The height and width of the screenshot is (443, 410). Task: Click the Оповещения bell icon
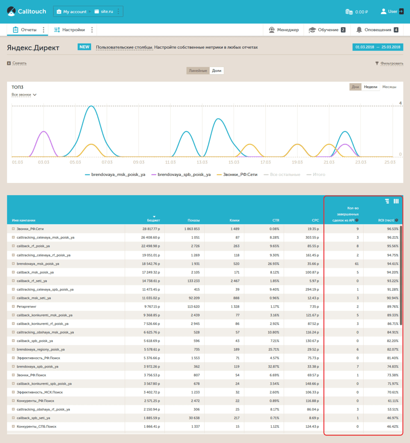(359, 30)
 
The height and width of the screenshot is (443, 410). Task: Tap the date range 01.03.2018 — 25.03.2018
(378, 47)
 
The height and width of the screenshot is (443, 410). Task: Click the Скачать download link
(19, 63)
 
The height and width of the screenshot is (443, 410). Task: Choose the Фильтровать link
(392, 63)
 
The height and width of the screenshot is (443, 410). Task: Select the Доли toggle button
(216, 71)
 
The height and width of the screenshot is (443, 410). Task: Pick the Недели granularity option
(371, 87)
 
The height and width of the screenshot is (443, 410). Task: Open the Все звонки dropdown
(24, 95)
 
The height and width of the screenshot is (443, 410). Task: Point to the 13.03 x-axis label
(202, 162)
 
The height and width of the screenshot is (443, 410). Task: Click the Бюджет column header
(153, 220)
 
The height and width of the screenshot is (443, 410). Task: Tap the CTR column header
(276, 220)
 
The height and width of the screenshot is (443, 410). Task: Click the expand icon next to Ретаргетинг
(13, 306)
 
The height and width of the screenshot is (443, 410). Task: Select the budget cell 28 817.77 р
(151, 229)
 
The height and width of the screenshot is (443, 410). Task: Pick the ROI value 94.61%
(393, 264)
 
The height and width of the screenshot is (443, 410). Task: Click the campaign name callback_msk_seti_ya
(34, 298)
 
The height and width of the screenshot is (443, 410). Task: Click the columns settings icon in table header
(396, 201)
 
